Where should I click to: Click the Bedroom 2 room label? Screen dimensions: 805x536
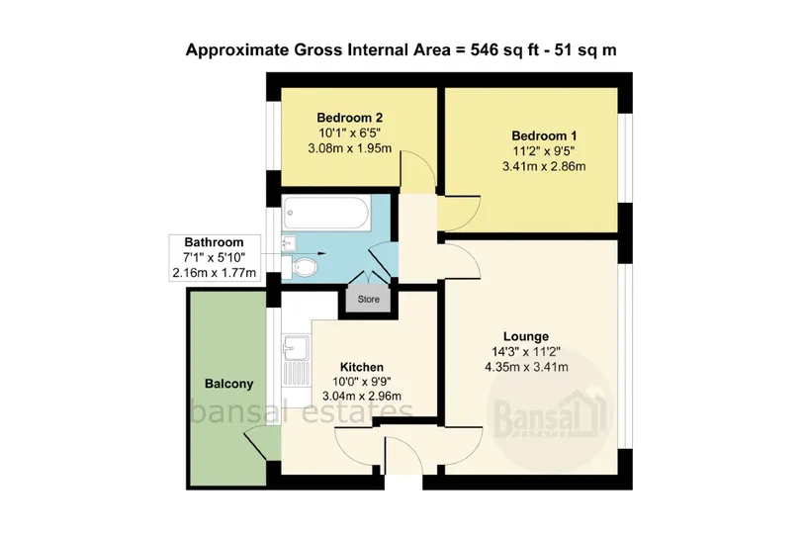(350, 118)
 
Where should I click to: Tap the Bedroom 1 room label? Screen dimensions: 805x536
(544, 136)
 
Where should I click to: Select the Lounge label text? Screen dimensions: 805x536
(526, 336)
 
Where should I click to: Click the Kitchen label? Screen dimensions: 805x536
(362, 367)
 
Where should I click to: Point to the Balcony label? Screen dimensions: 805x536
(229, 384)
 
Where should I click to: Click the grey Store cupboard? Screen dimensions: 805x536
(368, 299)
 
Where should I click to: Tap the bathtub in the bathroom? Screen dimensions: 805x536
(326, 213)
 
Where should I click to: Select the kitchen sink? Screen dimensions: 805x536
(297, 359)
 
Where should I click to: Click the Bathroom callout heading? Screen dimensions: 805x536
(214, 242)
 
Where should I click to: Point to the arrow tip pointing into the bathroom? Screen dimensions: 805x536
(325, 253)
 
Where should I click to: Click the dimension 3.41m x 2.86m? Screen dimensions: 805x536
(544, 166)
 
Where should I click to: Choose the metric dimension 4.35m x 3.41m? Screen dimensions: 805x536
(526, 367)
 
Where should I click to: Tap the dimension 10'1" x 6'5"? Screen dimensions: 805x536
(350, 133)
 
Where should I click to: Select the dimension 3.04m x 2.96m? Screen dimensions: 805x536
(362, 397)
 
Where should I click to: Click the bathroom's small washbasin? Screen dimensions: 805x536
(289, 243)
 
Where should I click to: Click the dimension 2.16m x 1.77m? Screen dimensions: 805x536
(214, 273)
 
